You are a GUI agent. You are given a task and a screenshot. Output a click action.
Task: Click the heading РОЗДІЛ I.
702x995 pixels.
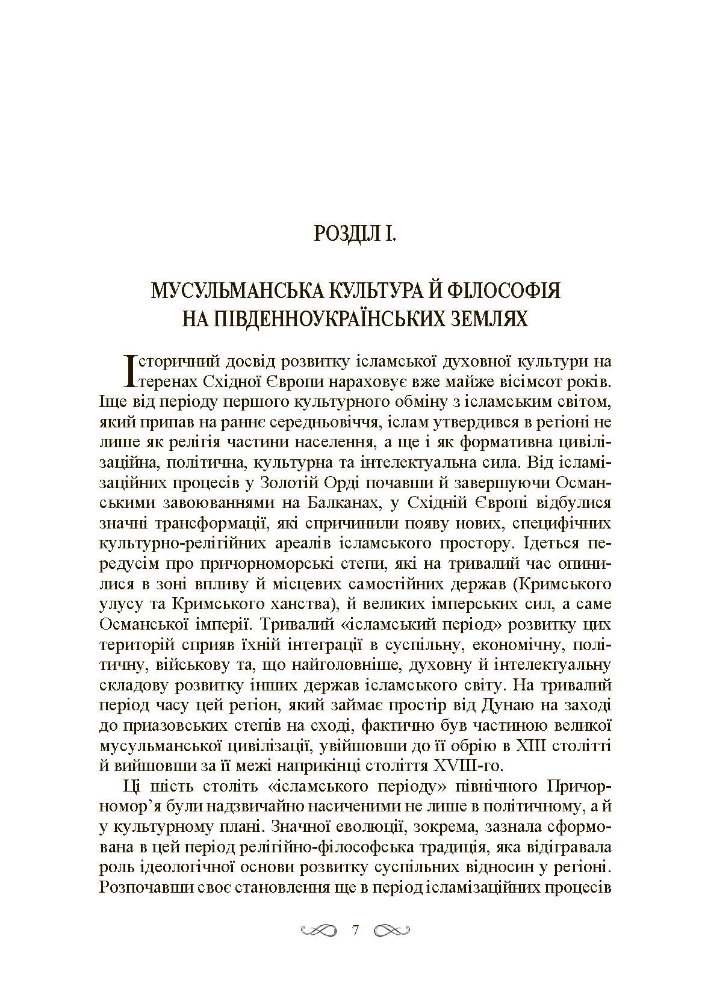[x=355, y=232]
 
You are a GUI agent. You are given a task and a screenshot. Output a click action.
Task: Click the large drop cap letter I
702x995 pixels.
[x=128, y=370]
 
